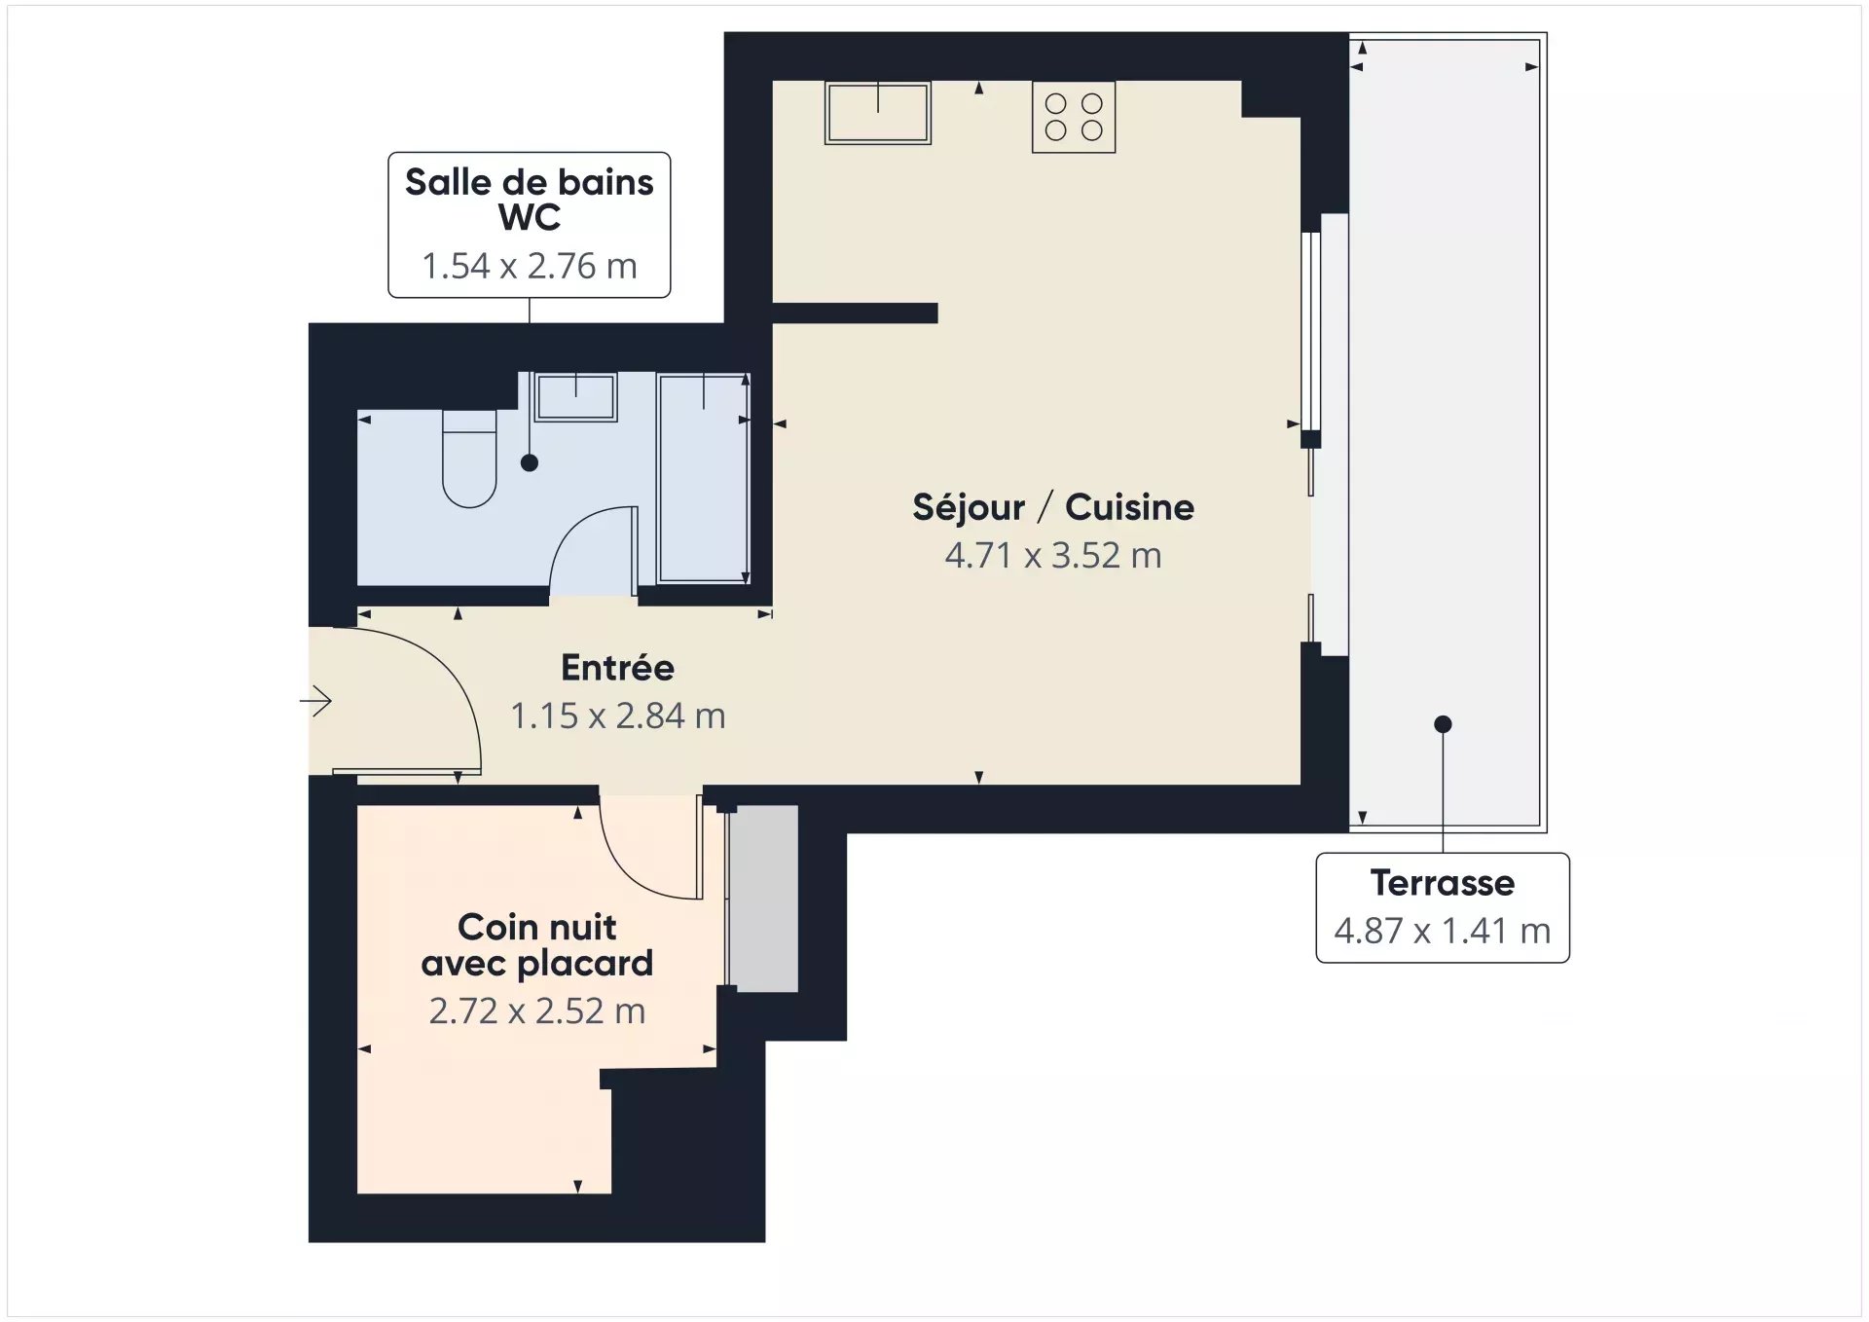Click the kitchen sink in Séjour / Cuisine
(877, 113)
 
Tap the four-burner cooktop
(1074, 117)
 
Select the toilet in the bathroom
(469, 459)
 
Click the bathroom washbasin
(575, 396)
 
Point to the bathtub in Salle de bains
(704, 478)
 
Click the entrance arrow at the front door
(315, 701)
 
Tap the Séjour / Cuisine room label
(1053, 507)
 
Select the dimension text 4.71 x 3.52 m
(1053, 556)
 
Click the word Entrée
(618, 668)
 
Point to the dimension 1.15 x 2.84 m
(618, 716)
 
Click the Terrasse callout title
(1443, 883)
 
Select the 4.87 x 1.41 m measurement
(1443, 932)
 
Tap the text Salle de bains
(530, 182)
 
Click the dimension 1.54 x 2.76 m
(530, 266)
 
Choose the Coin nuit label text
(537, 927)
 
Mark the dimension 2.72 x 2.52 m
(537, 1011)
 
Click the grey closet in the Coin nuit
(764, 899)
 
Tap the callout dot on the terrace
(1443, 724)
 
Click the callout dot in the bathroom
(530, 463)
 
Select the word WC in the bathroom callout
(530, 218)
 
